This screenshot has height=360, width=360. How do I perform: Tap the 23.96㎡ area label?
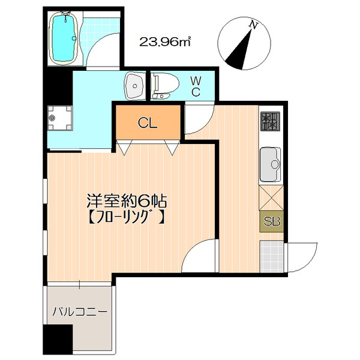[x=165, y=42]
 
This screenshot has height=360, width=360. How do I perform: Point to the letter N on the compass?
[x=253, y=25]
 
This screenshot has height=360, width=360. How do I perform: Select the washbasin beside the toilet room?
[x=134, y=86]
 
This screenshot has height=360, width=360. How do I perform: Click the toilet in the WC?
[x=165, y=86]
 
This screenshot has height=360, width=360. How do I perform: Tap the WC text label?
[x=196, y=86]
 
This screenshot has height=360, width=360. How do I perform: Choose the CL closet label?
[x=148, y=123]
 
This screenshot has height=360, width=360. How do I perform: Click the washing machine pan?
[x=60, y=118]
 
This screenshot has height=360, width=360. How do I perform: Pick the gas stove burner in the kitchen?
[x=270, y=121]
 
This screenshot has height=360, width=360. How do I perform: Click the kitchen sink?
[x=270, y=164]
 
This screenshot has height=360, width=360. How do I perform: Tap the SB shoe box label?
[x=272, y=221]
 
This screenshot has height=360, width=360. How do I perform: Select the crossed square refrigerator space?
[x=271, y=198]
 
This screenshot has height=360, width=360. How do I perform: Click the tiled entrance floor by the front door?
[x=272, y=256]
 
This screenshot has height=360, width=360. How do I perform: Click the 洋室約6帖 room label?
[x=127, y=202]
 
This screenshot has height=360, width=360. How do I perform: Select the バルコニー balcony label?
[x=80, y=312]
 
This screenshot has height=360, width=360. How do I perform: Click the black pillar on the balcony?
[x=58, y=339]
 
